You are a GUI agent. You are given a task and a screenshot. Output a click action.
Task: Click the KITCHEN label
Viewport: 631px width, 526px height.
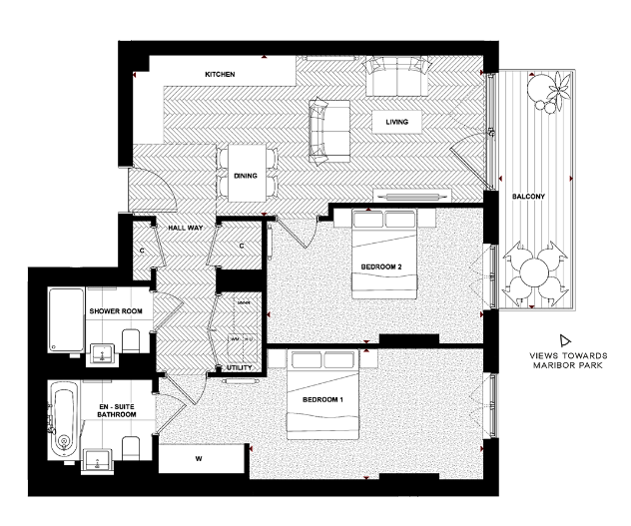[x=220, y=76]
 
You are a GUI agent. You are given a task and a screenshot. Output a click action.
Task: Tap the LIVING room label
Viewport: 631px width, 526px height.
[x=397, y=122]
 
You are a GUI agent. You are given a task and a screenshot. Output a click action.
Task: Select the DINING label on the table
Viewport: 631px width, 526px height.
[x=246, y=177]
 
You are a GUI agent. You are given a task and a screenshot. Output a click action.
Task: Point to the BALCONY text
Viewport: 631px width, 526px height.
[x=527, y=196]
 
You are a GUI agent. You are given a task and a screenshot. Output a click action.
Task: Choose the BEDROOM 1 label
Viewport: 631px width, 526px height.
[x=321, y=400]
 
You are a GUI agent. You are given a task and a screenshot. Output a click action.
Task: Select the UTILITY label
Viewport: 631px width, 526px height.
[x=239, y=368]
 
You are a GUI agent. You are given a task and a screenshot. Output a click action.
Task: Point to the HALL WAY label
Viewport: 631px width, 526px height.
[x=186, y=228]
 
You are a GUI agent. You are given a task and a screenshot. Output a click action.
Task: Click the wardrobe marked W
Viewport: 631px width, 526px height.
[x=198, y=460]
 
